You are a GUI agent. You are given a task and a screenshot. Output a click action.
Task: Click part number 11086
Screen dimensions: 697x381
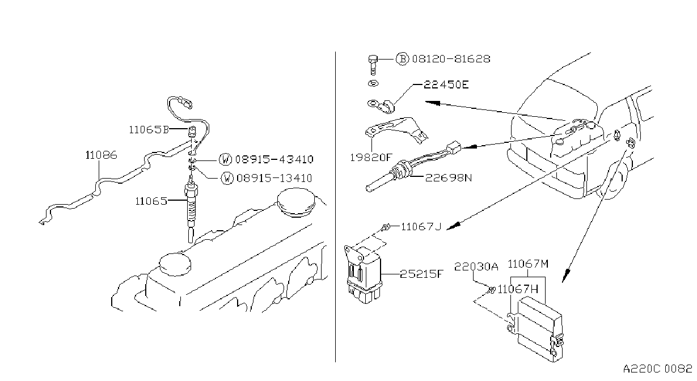point(101,155)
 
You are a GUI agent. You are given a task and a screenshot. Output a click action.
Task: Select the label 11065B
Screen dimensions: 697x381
point(149,130)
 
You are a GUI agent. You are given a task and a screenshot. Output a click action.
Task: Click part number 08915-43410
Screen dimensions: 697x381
point(274,159)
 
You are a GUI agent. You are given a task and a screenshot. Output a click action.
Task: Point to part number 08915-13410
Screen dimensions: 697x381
point(274,178)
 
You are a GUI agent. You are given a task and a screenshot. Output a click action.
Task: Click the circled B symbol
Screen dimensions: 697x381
point(402,59)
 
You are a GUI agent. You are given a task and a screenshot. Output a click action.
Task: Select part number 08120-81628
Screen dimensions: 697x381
point(451,59)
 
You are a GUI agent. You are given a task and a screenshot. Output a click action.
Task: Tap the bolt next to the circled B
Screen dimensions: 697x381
point(373,65)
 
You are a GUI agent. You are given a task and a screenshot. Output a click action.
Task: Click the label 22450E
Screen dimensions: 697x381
point(446,84)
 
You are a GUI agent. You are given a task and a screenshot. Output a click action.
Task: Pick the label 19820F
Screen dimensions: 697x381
point(370,158)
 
